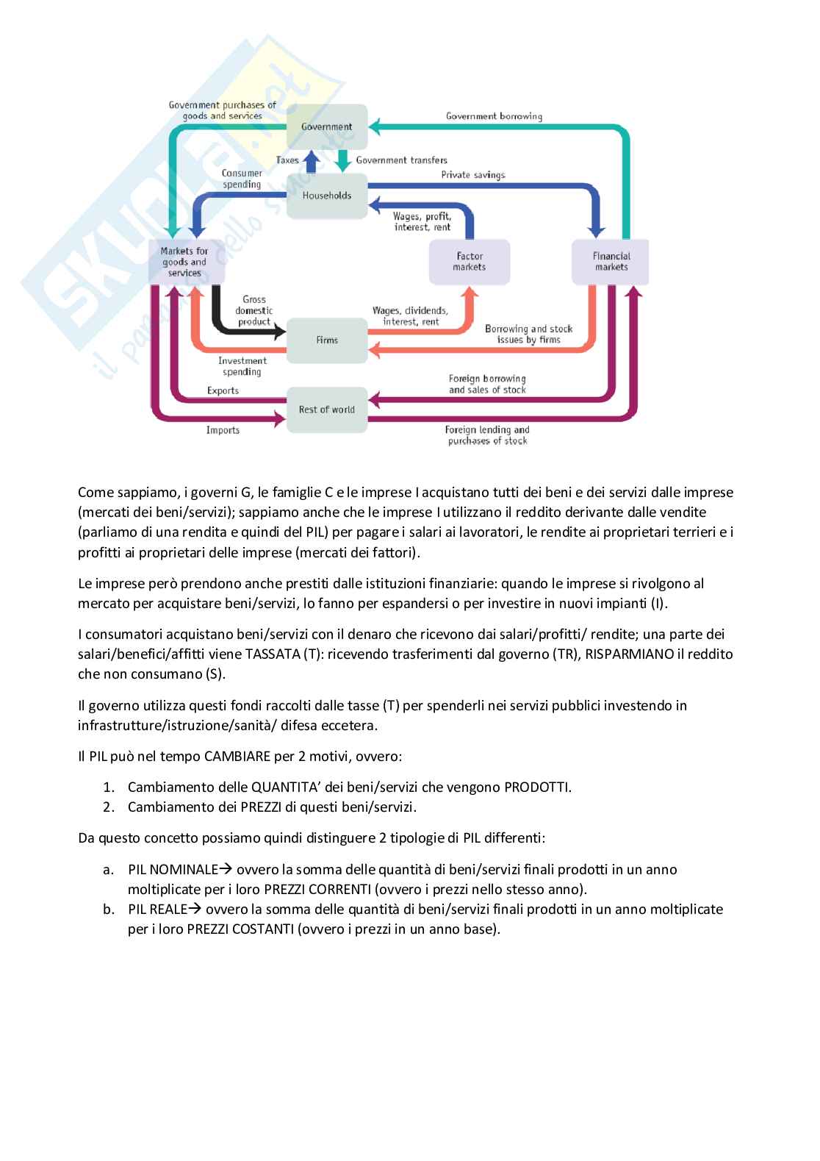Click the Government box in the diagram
pos(326,126)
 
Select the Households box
pos(326,196)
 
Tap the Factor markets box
pos(469,262)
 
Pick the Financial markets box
pos(611,262)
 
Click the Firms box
pos(326,340)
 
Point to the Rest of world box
pos(326,410)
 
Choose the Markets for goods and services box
pos(185,262)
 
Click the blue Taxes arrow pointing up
pos(311,160)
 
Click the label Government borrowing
pos(494,116)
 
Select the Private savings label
pos(472,175)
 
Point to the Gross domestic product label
pos(253,310)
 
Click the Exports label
pos(223,390)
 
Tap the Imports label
pos(223,430)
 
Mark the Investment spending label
pos(242,366)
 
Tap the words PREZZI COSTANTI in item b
pos(240,929)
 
